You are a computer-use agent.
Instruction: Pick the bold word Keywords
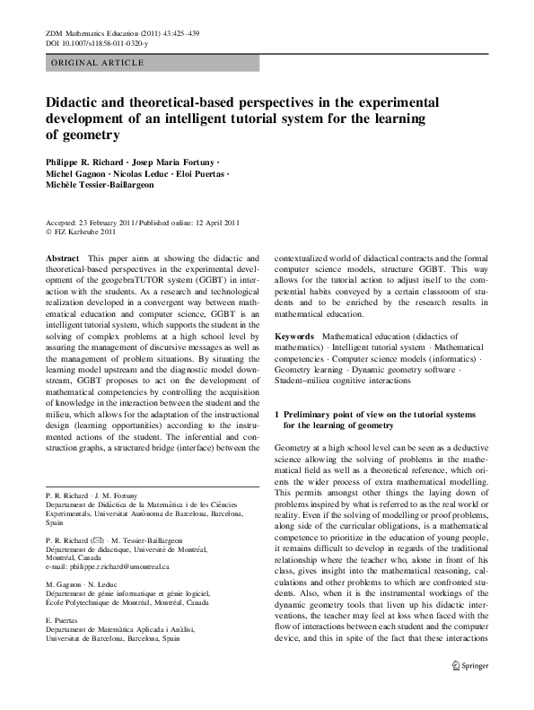(x=294, y=335)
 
